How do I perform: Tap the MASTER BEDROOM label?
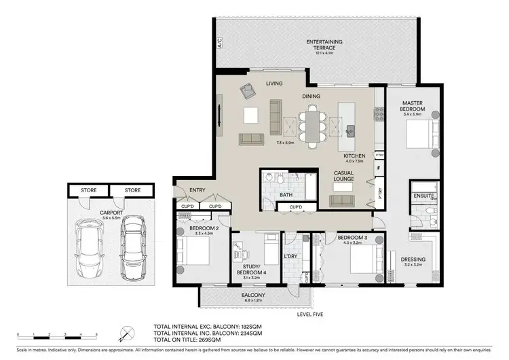tap(413, 106)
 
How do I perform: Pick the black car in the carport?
tap(133, 249)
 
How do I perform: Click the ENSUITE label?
tap(423, 197)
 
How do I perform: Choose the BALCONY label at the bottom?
tap(254, 295)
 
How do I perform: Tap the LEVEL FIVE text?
tap(311, 314)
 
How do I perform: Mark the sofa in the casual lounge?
tap(343, 200)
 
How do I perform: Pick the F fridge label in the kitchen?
tap(379, 166)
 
